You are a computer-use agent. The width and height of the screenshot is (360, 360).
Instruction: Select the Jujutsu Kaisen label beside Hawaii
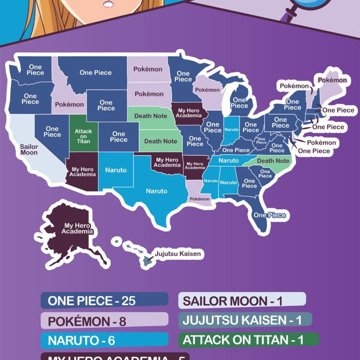[x=177, y=254]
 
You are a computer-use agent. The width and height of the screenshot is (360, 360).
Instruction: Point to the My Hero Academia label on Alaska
[x=77, y=228]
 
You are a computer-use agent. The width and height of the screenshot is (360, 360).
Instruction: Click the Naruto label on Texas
[x=156, y=190]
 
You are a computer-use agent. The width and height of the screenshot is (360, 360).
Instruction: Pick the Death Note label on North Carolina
[x=273, y=161]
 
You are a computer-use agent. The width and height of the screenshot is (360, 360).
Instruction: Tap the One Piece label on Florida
[x=269, y=215]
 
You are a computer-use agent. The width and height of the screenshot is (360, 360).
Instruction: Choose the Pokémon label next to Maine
[x=332, y=80]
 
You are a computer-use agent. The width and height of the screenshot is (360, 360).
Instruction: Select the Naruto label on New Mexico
[x=116, y=170]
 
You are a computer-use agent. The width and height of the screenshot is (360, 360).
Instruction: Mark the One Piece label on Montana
[x=95, y=72]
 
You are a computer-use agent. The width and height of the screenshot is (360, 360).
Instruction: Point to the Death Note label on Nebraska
[x=150, y=116]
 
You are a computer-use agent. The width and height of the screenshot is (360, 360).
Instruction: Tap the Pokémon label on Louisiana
[x=199, y=198]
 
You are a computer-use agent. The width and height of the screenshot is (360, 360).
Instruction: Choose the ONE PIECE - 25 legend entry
[x=104, y=300]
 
